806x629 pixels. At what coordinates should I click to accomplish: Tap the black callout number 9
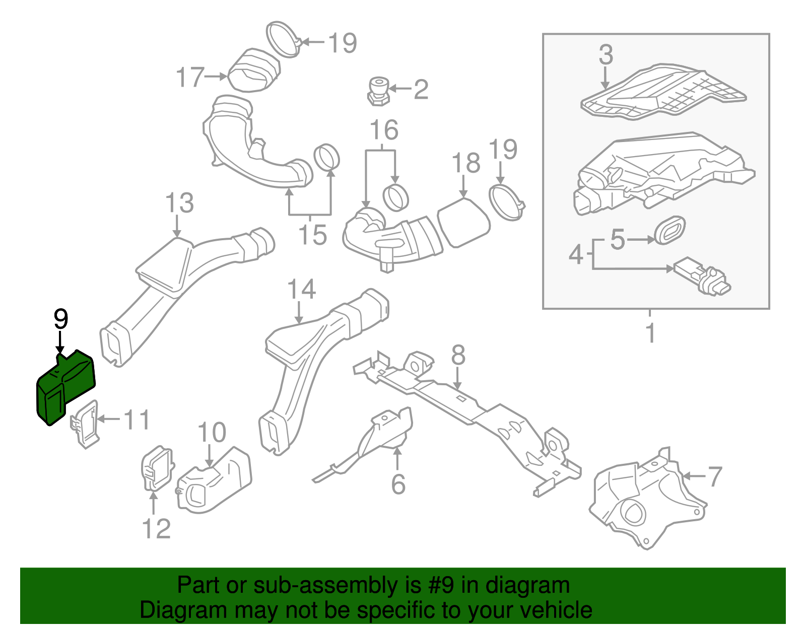(x=60, y=319)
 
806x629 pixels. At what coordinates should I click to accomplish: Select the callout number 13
(x=179, y=203)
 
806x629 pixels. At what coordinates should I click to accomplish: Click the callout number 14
(x=301, y=290)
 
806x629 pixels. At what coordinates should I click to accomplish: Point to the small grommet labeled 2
(x=378, y=91)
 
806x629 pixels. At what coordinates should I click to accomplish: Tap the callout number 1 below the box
(x=650, y=333)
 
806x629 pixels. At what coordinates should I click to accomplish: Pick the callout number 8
(x=458, y=356)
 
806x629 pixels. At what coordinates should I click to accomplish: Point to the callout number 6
(x=398, y=484)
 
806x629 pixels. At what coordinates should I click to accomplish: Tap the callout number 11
(x=137, y=420)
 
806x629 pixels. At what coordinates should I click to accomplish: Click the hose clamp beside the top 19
(x=284, y=38)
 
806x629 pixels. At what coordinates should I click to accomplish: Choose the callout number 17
(x=190, y=78)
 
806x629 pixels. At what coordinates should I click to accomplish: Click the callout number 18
(x=465, y=164)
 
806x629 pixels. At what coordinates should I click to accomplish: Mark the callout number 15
(x=312, y=235)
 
